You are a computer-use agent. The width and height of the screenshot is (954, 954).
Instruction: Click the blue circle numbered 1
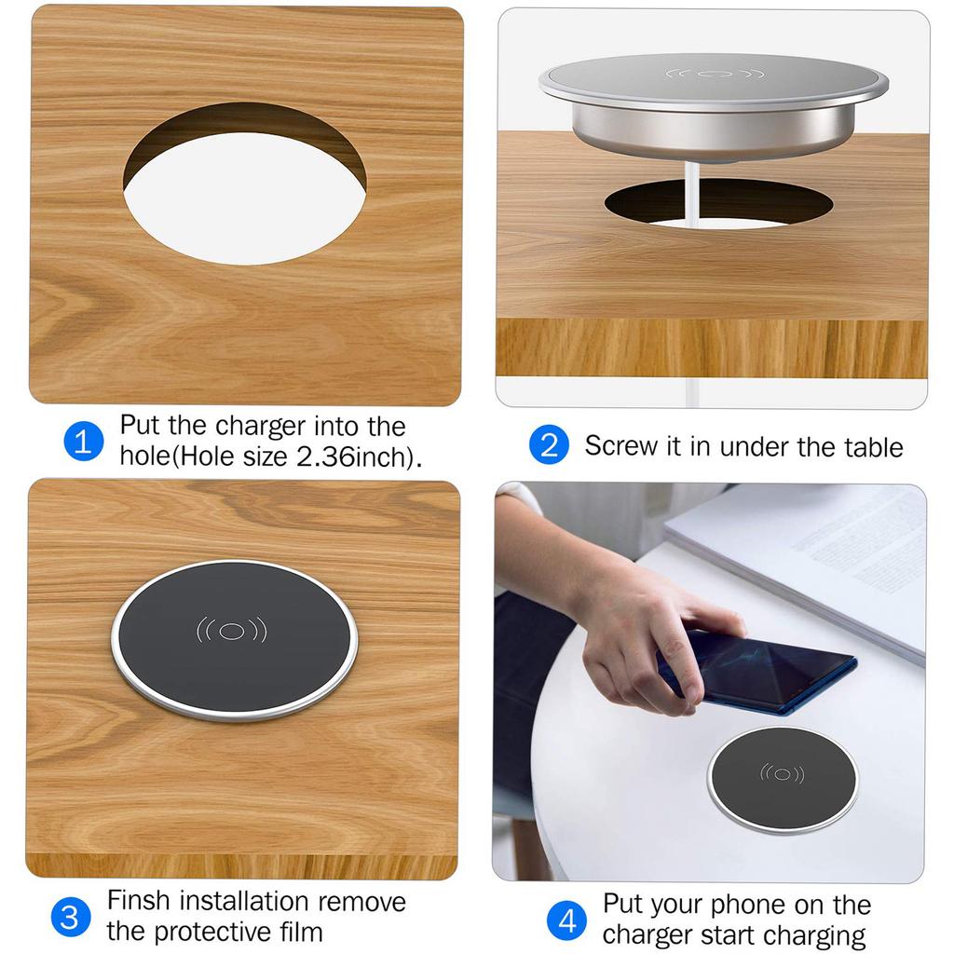point(83,442)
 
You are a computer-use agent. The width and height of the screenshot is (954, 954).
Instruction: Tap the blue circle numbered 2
point(549,445)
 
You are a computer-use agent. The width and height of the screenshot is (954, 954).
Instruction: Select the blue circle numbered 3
point(70,917)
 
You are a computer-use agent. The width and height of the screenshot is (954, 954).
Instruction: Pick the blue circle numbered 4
point(567,921)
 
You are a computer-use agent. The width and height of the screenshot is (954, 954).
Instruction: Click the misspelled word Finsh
point(139,902)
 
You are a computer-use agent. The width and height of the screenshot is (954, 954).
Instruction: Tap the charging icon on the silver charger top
point(715,74)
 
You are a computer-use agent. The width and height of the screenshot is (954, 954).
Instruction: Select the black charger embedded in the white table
point(782,779)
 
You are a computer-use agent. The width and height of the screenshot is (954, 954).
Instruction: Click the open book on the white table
point(811,559)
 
